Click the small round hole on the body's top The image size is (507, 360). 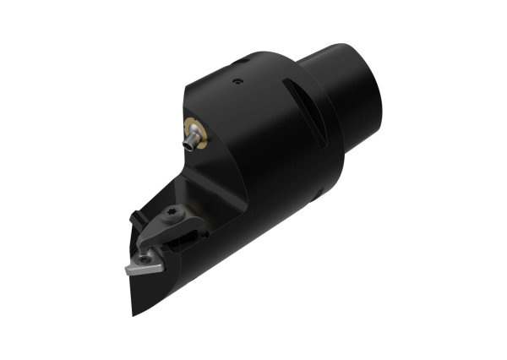(237, 82)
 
